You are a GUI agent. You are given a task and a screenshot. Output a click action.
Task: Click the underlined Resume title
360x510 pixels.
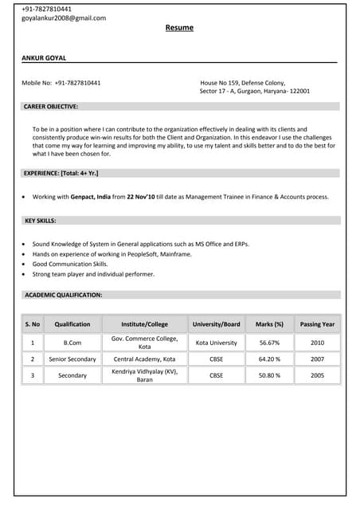coord(179,28)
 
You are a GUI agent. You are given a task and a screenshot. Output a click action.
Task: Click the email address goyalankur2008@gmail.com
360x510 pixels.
coord(64,18)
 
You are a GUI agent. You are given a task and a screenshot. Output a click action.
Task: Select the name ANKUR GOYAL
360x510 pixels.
coord(45,57)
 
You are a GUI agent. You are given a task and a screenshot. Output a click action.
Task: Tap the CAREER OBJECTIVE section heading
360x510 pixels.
coord(51,106)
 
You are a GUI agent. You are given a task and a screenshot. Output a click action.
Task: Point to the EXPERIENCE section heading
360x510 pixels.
coord(61,173)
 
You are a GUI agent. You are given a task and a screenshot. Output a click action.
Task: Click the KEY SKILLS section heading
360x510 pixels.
coord(41,220)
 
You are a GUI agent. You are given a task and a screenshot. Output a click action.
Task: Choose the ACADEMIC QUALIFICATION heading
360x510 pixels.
coord(63,295)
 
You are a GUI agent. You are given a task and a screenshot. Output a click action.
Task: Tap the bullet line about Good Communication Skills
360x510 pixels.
coord(70,264)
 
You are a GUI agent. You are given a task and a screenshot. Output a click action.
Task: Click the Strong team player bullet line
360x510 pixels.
coord(93,274)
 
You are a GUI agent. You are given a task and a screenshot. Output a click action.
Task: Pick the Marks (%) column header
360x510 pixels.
coord(269,324)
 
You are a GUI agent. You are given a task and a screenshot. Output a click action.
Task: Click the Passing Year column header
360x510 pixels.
coord(318,324)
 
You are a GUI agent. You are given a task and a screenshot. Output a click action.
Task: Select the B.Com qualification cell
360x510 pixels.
coord(72,343)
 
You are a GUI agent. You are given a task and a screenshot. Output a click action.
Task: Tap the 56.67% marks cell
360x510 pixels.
coord(269,343)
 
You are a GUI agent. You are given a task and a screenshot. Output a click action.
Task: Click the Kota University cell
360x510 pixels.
coord(217,343)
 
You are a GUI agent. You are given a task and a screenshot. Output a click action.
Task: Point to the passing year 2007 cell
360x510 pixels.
coord(318,359)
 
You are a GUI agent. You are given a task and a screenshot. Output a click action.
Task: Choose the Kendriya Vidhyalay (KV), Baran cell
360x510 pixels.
coord(144,375)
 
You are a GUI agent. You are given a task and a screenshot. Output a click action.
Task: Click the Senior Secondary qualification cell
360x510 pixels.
coord(72,359)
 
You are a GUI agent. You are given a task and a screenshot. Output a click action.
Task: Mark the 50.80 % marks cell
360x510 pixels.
coord(269,375)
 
